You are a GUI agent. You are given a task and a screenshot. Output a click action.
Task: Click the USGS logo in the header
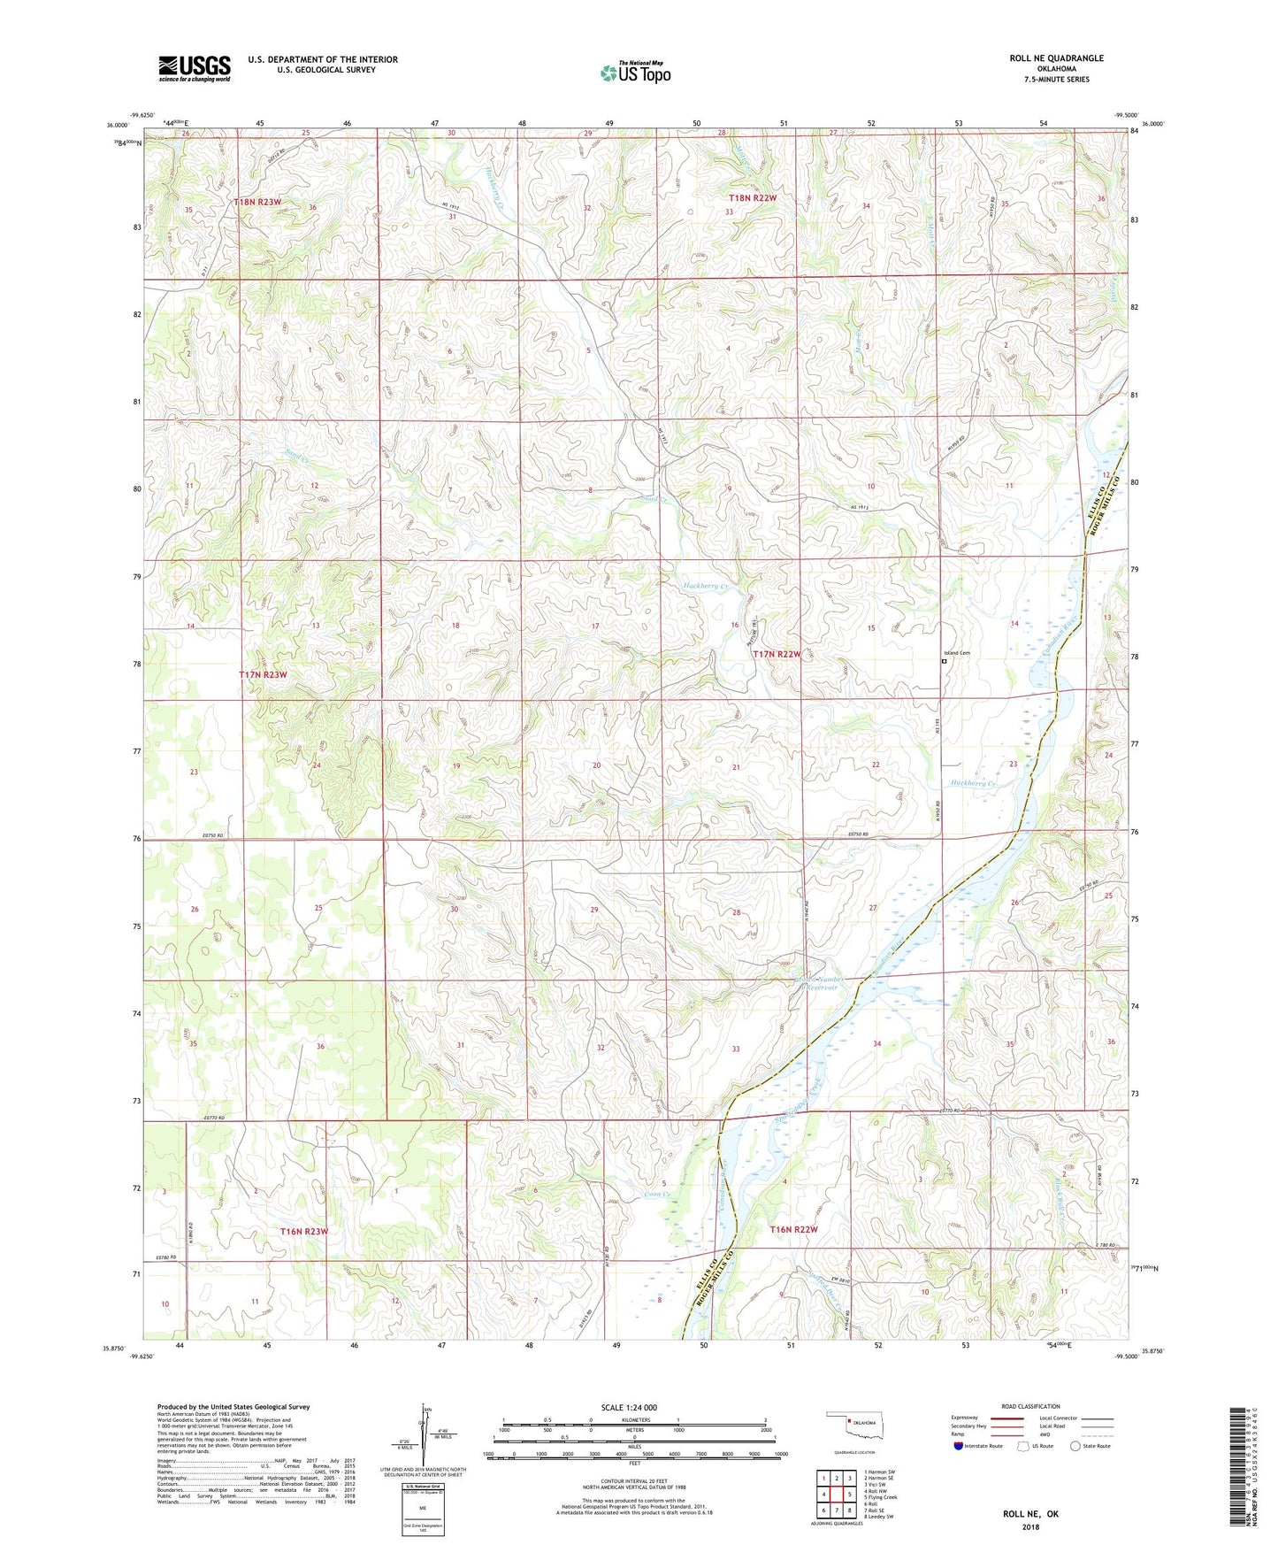tap(195, 68)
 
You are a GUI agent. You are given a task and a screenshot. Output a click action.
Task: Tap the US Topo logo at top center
tap(635, 73)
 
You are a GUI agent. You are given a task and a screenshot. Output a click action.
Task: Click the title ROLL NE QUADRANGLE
tap(1056, 58)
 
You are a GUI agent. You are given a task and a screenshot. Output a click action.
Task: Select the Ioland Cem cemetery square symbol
tap(944, 660)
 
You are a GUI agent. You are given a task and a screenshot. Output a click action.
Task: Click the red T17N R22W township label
tap(777, 654)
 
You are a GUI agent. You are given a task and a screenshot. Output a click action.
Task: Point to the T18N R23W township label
tap(257, 203)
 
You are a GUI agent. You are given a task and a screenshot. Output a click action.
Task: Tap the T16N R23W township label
tap(304, 1232)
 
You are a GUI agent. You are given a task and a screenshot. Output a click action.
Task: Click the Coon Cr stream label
tap(656, 1195)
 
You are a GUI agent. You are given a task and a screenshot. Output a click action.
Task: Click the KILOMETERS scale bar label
tap(634, 1419)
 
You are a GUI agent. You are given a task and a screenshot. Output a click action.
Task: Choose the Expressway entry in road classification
tap(968, 1418)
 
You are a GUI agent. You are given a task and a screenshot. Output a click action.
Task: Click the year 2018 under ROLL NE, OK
tap(1030, 1526)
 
